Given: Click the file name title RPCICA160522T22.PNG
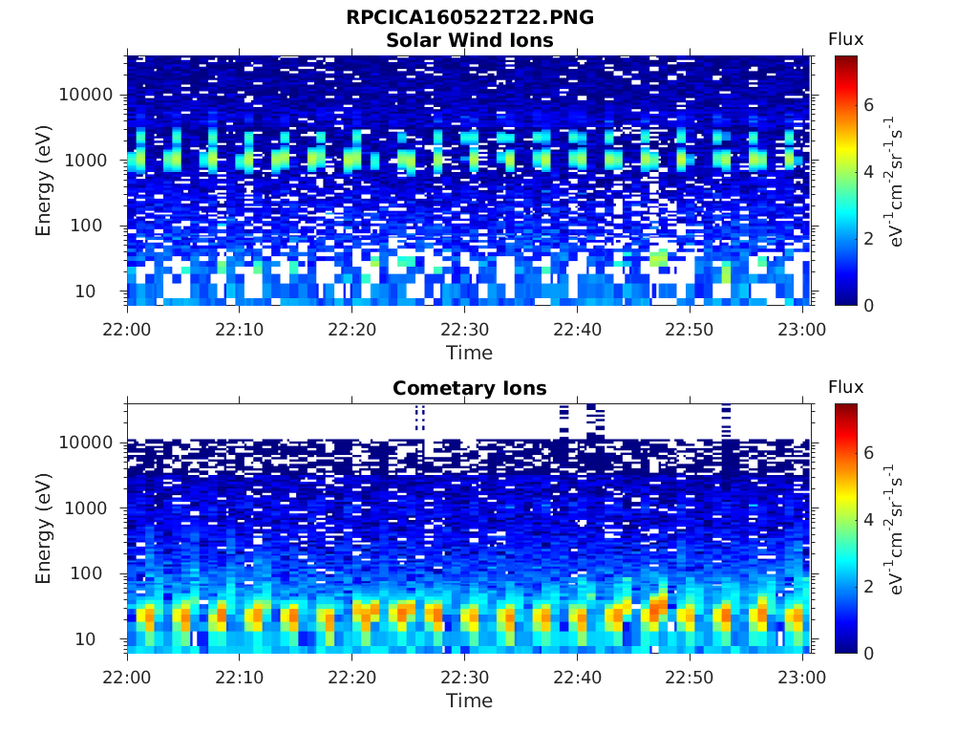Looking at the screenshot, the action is [x=470, y=17].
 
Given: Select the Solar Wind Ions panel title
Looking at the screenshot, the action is [x=470, y=40].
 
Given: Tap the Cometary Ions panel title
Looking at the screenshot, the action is [x=470, y=388].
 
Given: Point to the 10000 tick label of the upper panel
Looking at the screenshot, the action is [x=86, y=95].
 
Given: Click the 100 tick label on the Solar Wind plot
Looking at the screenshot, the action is [x=86, y=226].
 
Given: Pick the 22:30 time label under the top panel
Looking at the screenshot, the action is [x=465, y=330].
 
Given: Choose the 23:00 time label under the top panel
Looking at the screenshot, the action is [x=801, y=330].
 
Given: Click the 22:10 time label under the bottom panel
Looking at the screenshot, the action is [x=240, y=678].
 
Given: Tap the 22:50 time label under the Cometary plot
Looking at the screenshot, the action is [x=690, y=678].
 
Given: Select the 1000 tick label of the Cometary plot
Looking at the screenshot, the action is [x=86, y=508].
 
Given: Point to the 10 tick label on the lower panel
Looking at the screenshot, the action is [x=85, y=639].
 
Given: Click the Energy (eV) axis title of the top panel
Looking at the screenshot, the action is [x=43, y=181].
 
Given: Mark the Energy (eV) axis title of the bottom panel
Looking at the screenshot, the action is [x=43, y=529].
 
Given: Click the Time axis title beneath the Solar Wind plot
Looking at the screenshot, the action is [x=470, y=354].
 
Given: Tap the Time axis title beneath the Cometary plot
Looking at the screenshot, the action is [x=470, y=701].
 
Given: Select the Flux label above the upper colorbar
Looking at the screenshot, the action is [x=846, y=39].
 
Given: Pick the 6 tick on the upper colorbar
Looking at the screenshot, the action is [x=869, y=105].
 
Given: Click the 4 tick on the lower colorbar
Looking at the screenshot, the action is [x=869, y=520].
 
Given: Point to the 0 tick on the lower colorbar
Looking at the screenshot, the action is [x=869, y=654].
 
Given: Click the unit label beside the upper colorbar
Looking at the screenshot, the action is [x=894, y=181].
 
